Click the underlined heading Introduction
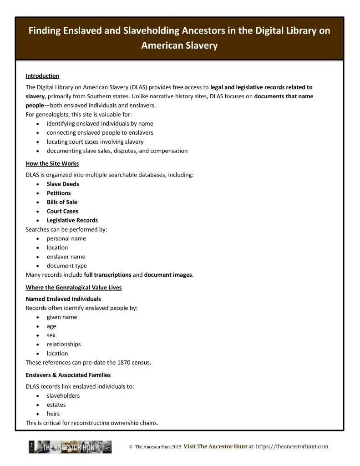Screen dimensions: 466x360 click(x=42, y=76)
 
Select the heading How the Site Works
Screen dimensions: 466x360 click(x=52, y=163)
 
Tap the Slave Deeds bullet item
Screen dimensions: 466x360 click(x=63, y=184)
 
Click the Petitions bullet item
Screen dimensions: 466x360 click(x=59, y=193)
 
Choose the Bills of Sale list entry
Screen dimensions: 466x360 click(x=62, y=202)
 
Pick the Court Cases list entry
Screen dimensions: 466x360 click(x=62, y=211)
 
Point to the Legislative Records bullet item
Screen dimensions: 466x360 click(x=72, y=220)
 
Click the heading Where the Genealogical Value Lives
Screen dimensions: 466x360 click(x=73, y=288)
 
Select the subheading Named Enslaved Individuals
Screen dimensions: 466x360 click(x=63, y=299)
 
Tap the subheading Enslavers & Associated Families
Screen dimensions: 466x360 click(x=68, y=375)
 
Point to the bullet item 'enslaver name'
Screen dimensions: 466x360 click(x=66, y=257)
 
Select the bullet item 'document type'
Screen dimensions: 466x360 click(x=66, y=266)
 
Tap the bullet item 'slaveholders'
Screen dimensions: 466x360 click(x=63, y=395)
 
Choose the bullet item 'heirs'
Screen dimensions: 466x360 click(x=53, y=414)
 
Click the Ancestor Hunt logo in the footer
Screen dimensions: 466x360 click(x=70, y=447)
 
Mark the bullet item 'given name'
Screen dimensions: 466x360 click(x=62, y=317)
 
